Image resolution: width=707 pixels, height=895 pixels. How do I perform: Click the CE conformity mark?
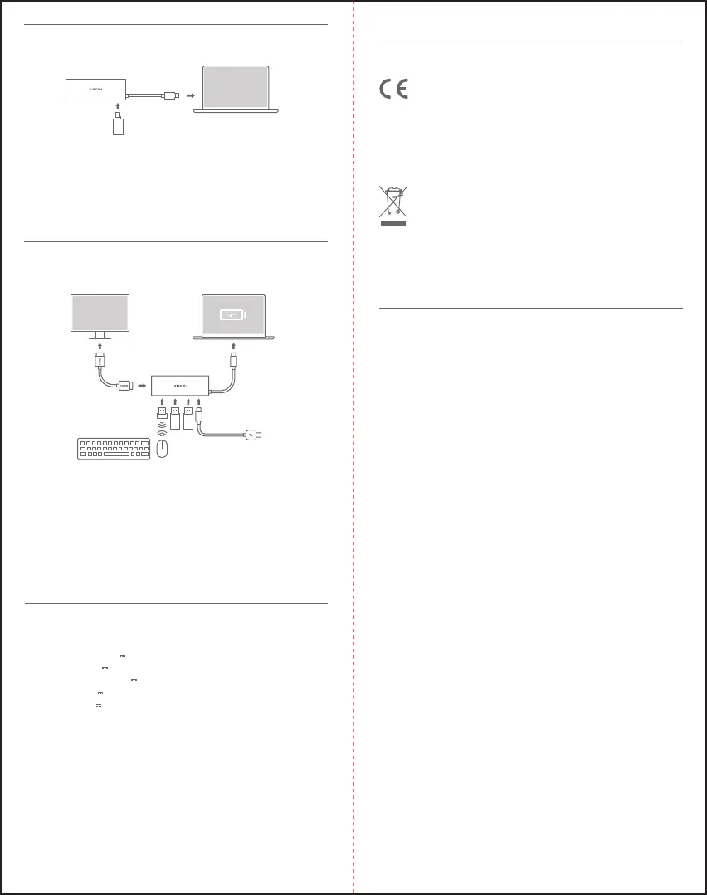coord(394,90)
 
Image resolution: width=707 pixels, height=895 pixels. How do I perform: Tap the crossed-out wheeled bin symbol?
coord(394,202)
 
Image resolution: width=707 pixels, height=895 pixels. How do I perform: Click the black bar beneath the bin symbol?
coord(394,223)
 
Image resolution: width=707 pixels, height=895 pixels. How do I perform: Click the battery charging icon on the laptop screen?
coord(232,315)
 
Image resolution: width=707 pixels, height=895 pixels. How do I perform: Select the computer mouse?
coord(163,449)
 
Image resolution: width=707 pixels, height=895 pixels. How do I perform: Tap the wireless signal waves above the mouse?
coord(163,432)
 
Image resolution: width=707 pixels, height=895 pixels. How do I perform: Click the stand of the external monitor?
coord(100,338)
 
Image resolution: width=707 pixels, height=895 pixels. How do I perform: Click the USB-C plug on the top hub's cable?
coord(170,95)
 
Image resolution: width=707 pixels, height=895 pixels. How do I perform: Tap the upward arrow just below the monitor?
coord(100,343)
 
